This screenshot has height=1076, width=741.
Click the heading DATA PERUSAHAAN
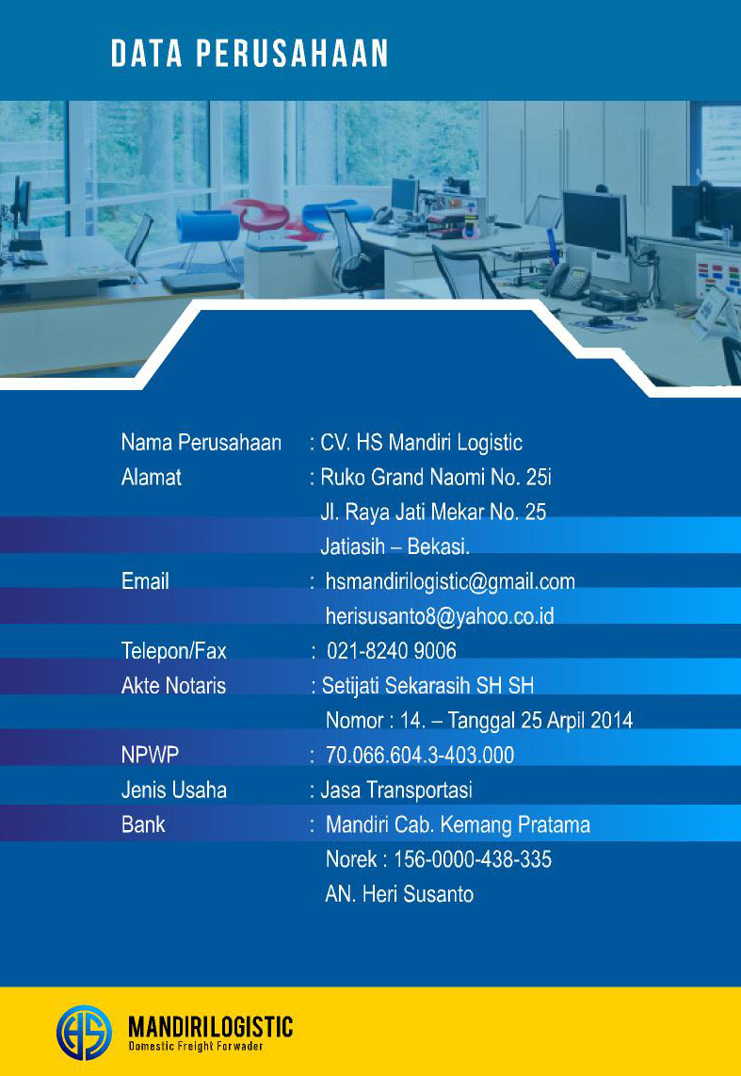coord(250,54)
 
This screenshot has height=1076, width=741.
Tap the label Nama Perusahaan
coord(201,443)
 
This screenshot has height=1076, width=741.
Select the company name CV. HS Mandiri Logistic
coord(421,443)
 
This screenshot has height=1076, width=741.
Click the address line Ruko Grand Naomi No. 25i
coord(435,478)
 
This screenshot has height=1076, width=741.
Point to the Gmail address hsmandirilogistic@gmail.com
coord(450,581)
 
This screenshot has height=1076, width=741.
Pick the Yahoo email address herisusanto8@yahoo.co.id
coord(440,616)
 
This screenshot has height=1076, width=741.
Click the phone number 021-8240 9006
coord(391,651)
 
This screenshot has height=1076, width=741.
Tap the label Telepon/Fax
coord(174,651)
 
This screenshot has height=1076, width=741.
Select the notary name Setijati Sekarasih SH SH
coord(427,686)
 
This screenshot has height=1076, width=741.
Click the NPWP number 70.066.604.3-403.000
coord(420,756)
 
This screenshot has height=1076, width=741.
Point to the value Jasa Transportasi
coord(396,790)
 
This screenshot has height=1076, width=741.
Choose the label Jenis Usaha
coord(174,790)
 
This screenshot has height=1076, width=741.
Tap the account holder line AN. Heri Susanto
coord(399,894)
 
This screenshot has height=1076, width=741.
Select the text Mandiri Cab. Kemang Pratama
coord(458,825)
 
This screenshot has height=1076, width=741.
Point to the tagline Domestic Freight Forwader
coord(195,1047)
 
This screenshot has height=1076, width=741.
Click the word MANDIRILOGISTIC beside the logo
coord(210,1026)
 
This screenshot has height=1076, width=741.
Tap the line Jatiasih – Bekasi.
coord(395,547)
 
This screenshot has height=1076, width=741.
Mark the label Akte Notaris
coord(173,686)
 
